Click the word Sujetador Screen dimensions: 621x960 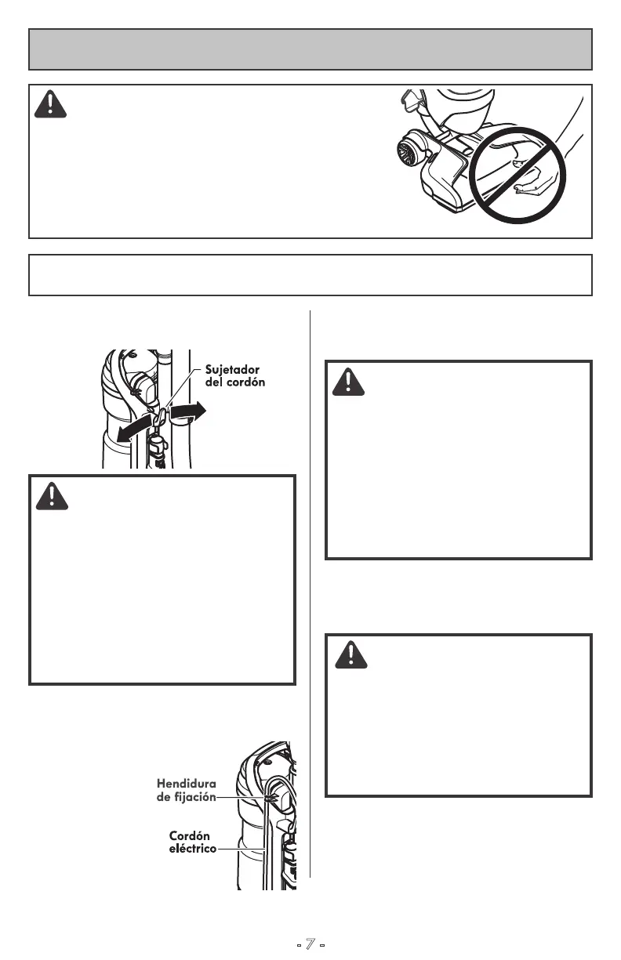[232, 368]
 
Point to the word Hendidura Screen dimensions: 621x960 [186, 783]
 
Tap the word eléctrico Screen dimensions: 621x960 [193, 849]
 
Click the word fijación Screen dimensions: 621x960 [196, 796]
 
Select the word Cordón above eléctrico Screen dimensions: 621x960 [189, 836]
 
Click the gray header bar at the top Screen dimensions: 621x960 [310, 49]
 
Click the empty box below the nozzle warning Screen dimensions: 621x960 [310, 274]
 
